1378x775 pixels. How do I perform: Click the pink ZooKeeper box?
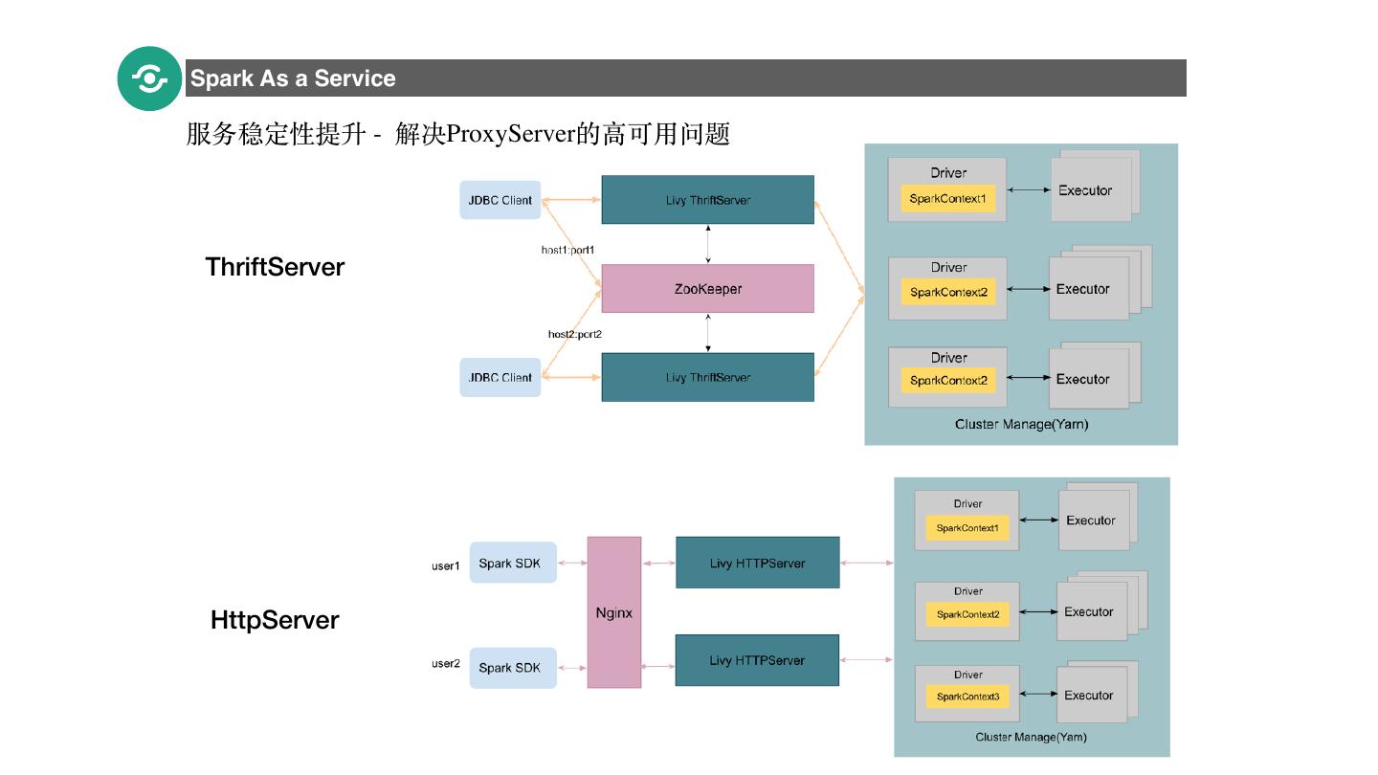pos(707,289)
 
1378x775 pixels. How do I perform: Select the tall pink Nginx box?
pos(613,612)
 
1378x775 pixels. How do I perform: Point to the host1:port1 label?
pos(567,251)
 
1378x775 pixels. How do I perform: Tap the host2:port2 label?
pos(574,334)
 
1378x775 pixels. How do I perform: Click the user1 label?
pos(445,566)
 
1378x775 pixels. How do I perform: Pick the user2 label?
pos(445,664)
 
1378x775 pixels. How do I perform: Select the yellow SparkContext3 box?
pos(967,697)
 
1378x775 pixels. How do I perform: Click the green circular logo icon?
pos(149,78)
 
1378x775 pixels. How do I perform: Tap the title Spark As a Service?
pos(293,78)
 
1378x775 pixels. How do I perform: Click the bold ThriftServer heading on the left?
pos(275,267)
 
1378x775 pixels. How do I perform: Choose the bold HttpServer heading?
pos(275,620)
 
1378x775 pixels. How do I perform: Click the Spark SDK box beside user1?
pos(509,564)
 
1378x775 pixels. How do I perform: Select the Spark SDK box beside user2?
pos(509,668)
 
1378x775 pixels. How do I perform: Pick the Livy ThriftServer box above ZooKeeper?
pos(707,200)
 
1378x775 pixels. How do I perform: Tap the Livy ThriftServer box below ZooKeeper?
pos(707,377)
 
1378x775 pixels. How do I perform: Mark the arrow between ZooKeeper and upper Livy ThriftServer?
pos(707,244)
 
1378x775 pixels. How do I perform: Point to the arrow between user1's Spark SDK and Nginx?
pos(572,564)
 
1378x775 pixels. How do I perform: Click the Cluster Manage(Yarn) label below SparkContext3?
pos(1031,737)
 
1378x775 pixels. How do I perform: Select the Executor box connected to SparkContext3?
pos(1088,696)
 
